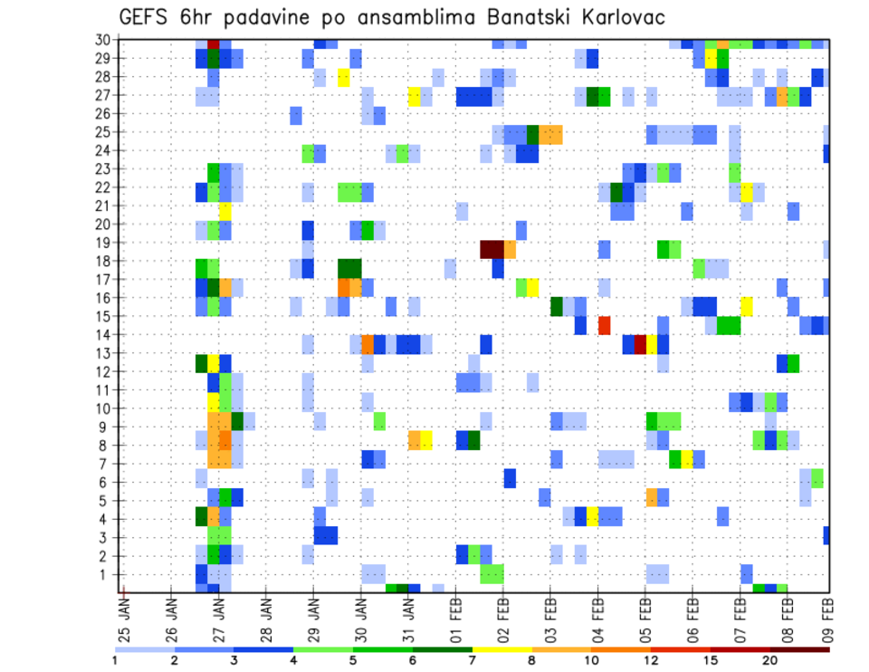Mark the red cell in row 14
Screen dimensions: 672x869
click(x=604, y=324)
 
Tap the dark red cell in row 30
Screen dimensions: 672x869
click(x=214, y=43)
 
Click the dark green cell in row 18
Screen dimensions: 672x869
click(x=349, y=268)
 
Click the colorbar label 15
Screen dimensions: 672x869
click(x=711, y=659)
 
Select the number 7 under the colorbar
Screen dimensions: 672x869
click(x=472, y=659)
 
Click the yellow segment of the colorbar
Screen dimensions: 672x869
click(x=501, y=648)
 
